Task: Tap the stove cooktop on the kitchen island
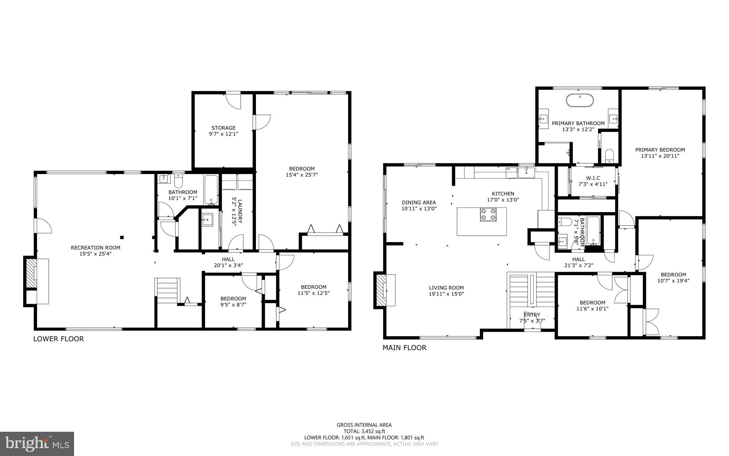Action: click(488, 214)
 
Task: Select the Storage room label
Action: click(224, 128)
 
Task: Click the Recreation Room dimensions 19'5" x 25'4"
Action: click(95, 254)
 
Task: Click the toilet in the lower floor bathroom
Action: click(178, 181)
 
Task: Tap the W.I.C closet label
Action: click(593, 178)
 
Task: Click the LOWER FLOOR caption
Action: click(58, 339)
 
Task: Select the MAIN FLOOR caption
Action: click(404, 348)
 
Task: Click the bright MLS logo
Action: click(37, 443)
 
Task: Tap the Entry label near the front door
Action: click(532, 314)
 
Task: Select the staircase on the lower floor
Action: click(167, 290)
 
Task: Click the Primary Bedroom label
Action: click(660, 150)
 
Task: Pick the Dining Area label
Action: click(419, 203)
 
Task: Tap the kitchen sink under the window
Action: click(526, 173)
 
